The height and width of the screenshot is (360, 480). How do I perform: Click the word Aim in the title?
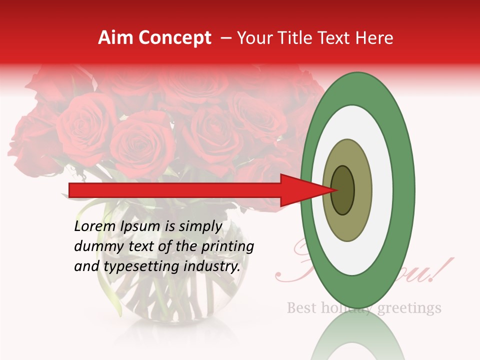[115, 38]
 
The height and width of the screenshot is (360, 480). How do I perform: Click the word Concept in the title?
[174, 38]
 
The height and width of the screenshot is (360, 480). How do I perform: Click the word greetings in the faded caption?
[409, 307]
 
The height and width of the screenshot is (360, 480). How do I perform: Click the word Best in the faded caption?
[301, 307]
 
